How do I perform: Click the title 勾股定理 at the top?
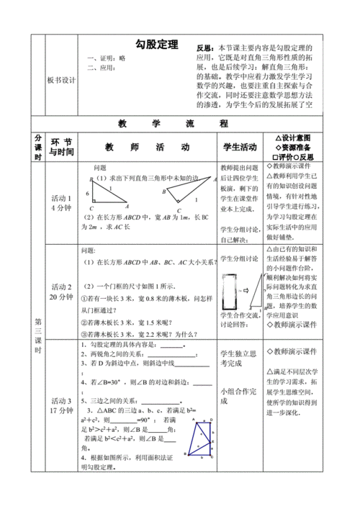tap(156, 45)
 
